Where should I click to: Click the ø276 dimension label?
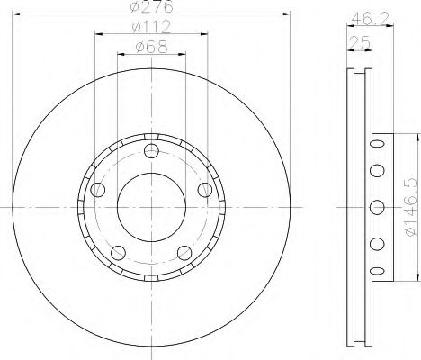[152, 6]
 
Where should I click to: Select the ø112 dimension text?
[151, 27]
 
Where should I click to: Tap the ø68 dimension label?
[151, 47]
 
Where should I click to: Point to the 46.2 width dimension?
[371, 19]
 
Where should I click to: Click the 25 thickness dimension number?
[360, 43]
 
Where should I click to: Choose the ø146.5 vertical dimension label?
[411, 207]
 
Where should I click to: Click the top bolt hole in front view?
[151, 151]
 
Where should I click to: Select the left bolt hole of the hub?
[98, 190]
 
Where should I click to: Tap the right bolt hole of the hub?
[205, 190]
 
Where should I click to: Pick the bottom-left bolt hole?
[118, 253]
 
